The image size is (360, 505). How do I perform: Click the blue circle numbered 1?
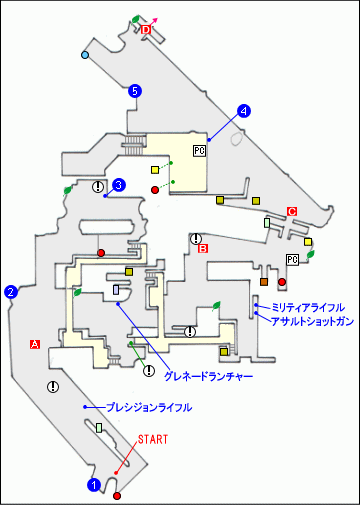(94, 485)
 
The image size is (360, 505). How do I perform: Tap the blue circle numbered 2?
(11, 292)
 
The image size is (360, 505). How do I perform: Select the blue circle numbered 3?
(119, 184)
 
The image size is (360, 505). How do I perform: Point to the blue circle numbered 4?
(243, 110)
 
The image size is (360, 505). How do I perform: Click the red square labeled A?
(34, 344)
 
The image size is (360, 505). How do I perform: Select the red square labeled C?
(292, 211)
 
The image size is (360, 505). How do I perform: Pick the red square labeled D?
(145, 31)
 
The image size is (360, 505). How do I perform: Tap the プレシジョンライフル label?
(149, 408)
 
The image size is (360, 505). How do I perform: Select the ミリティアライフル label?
(306, 306)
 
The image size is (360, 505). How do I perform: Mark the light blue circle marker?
(86, 54)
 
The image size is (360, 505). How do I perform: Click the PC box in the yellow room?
(199, 151)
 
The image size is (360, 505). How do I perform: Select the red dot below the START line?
(117, 495)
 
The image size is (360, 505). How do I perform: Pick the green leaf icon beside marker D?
(136, 18)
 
